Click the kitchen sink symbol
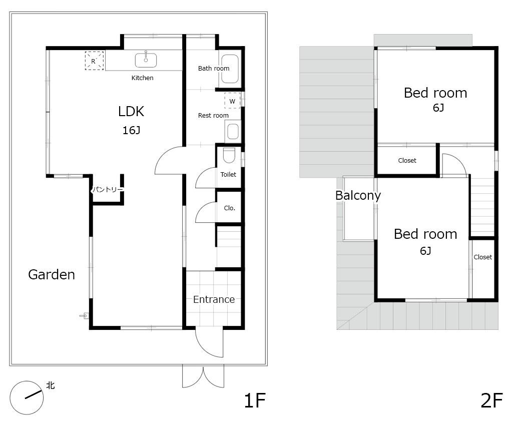[146, 60]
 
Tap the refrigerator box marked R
[94, 61]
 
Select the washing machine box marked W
[232, 101]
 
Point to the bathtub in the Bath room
[230, 69]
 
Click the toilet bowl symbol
[229, 155]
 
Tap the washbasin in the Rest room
[233, 131]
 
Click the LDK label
[131, 111]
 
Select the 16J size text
[131, 131]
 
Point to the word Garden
[52, 275]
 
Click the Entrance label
[214, 299]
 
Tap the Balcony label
[358, 195]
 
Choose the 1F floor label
[255, 400]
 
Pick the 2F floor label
[491, 400]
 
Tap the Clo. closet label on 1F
[230, 208]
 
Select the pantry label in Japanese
[108, 189]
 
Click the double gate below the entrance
[203, 376]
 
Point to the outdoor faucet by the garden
[85, 316]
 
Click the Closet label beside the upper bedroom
[407, 161]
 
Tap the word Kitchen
[142, 78]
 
